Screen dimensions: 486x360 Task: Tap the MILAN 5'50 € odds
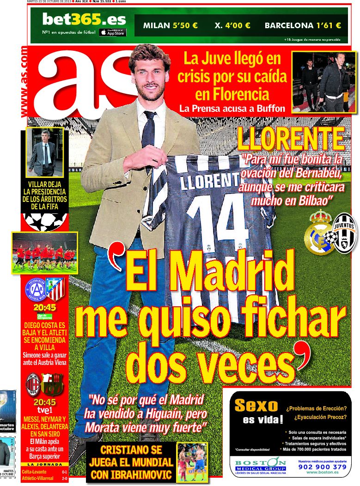tap(171, 26)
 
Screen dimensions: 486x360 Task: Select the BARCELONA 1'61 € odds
tap(303, 26)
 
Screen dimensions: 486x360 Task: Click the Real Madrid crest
tap(319, 233)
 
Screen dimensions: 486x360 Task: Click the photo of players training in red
tap(44, 253)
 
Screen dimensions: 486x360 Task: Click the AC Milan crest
tap(33, 384)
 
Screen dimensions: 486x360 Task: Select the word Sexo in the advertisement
tap(256, 406)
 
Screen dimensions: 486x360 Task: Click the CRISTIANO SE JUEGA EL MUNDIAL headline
tap(131, 462)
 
